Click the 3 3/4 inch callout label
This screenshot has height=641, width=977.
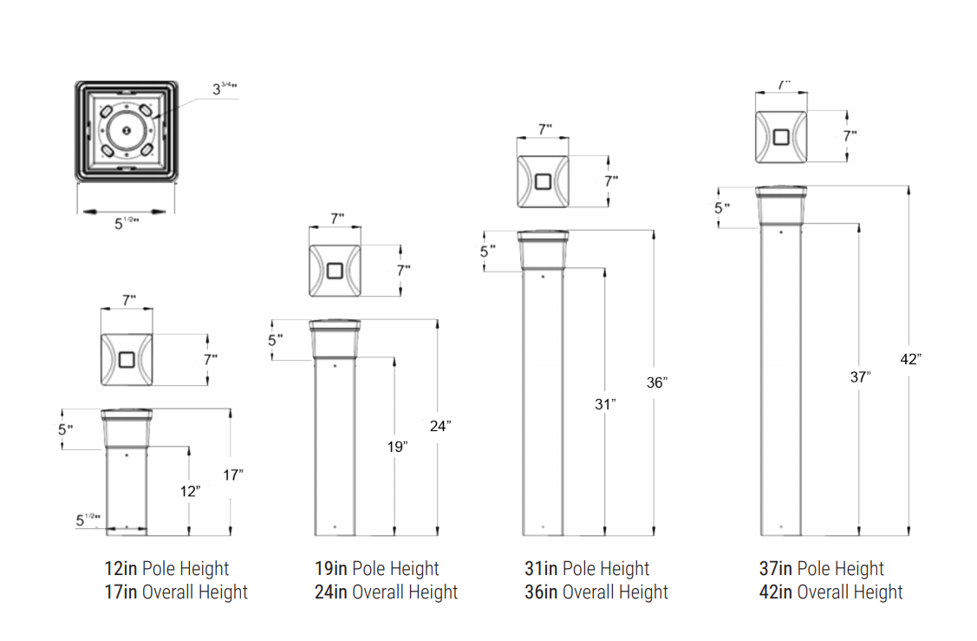click(225, 88)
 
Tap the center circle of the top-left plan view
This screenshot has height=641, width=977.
click(127, 131)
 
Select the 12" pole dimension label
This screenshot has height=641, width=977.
click(191, 490)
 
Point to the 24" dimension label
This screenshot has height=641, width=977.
click(440, 425)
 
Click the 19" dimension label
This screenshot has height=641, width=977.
click(397, 446)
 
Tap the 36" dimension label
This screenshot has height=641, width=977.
click(658, 382)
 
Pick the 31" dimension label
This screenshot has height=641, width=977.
click(607, 403)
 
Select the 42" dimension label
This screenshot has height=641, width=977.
click(910, 359)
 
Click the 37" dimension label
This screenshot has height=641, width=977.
click(860, 376)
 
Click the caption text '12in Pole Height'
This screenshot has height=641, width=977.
click(166, 569)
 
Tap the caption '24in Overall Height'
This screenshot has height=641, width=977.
click(386, 592)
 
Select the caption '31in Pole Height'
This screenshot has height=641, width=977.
click(587, 569)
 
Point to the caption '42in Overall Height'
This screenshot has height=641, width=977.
click(830, 592)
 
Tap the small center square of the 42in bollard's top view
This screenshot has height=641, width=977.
click(781, 137)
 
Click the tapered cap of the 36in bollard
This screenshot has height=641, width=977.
click(543, 248)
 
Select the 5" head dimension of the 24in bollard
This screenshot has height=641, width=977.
click(275, 341)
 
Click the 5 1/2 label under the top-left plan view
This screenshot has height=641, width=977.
click(127, 223)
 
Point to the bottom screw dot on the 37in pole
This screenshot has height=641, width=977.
click(781, 526)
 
